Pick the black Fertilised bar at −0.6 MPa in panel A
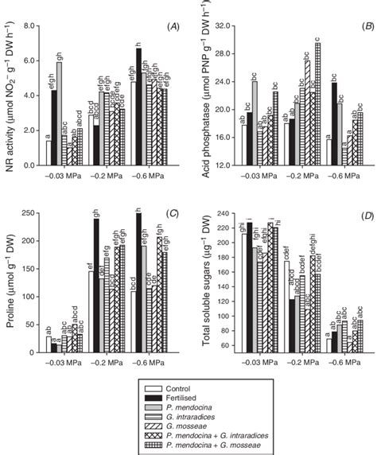click(x=138, y=107)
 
